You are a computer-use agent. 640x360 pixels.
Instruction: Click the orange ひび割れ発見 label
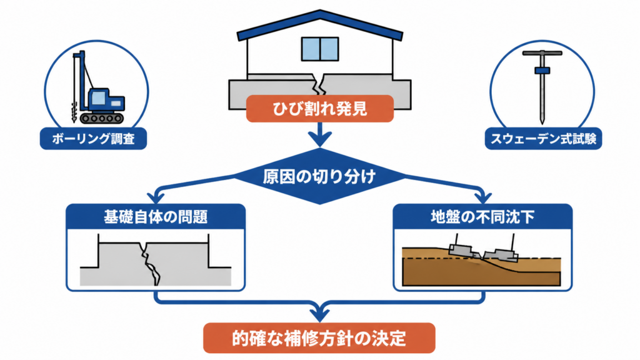319,109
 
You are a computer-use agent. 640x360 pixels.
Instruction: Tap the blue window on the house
320,49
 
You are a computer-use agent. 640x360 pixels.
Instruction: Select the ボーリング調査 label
93,139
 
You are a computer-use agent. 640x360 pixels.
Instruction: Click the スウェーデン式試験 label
543,139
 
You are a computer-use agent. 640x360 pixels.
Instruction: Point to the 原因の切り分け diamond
319,176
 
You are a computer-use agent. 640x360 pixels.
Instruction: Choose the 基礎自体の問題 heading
156,217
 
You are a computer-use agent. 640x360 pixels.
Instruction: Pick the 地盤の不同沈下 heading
482,217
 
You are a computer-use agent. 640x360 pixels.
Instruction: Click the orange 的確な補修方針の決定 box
319,338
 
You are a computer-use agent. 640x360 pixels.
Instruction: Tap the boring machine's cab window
98,98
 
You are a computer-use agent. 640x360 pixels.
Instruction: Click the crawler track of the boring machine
102,118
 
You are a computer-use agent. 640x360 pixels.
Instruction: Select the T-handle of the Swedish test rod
542,53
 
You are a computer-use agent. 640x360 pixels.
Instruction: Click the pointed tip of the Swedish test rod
542,122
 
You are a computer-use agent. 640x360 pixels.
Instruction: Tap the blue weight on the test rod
542,71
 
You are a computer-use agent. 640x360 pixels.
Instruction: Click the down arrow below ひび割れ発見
319,134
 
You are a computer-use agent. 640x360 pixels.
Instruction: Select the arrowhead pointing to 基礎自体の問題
156,197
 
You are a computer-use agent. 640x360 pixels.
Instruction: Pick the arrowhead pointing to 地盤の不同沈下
483,197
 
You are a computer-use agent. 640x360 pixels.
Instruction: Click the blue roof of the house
320,24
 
